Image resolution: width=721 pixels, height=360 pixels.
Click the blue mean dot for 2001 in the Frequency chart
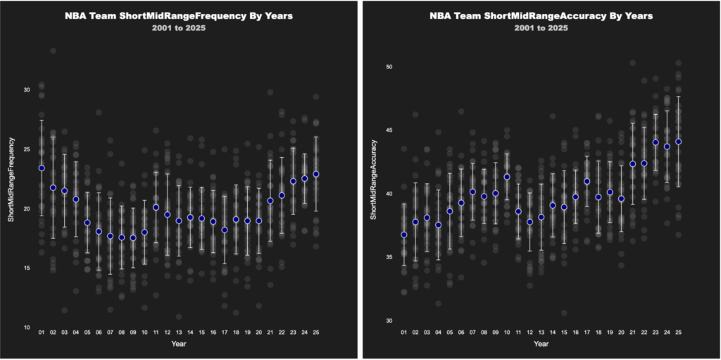(x=42, y=168)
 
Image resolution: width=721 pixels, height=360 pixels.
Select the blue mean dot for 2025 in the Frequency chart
(x=316, y=174)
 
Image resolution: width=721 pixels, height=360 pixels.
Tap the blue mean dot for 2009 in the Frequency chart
(x=133, y=238)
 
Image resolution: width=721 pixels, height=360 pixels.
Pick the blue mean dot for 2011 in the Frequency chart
(x=156, y=207)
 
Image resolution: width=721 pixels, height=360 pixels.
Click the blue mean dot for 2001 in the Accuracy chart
(x=404, y=235)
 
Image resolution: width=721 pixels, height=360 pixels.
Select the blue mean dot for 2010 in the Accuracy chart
(x=507, y=177)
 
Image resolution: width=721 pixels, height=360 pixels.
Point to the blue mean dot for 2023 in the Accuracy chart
(x=656, y=142)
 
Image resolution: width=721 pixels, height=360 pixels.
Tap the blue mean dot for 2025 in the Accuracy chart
(x=679, y=142)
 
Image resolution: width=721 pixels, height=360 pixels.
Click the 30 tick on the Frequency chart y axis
(x=26, y=90)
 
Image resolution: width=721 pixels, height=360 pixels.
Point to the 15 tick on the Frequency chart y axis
(x=26, y=268)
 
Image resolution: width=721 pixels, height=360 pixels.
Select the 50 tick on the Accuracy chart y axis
(x=389, y=67)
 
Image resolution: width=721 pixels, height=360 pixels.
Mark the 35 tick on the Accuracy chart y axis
(x=389, y=257)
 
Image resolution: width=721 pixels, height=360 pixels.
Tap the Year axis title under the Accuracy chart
(x=541, y=344)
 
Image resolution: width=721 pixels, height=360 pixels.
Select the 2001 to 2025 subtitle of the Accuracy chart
(x=541, y=28)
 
